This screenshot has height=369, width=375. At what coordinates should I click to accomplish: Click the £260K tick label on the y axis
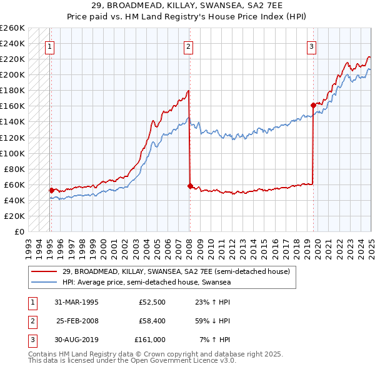[x=12, y=28]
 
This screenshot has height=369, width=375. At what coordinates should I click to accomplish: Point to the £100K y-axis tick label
[x=12, y=153]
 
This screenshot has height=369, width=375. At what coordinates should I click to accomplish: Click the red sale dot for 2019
[x=312, y=105]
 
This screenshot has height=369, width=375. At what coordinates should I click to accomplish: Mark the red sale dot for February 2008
[x=189, y=185]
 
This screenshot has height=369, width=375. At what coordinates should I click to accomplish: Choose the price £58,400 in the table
[x=149, y=321]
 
